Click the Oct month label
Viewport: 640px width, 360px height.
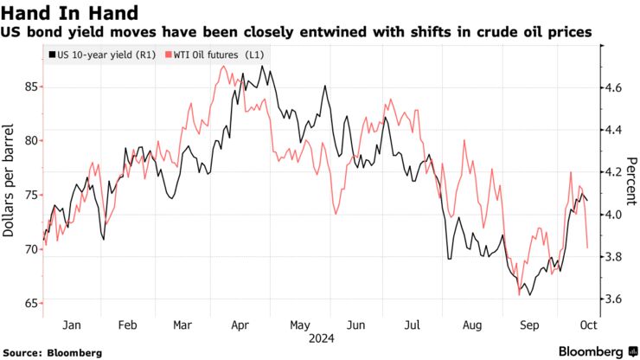(585, 325)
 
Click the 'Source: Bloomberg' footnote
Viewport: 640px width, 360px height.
(53, 352)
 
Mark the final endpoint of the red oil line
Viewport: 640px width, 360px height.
(588, 247)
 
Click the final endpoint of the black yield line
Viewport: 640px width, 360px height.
(588, 201)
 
